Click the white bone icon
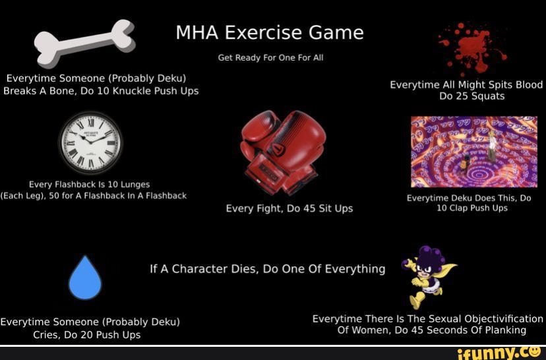84,42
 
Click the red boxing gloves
282,151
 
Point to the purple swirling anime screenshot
473,152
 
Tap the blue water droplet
85,278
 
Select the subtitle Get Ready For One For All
270,58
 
